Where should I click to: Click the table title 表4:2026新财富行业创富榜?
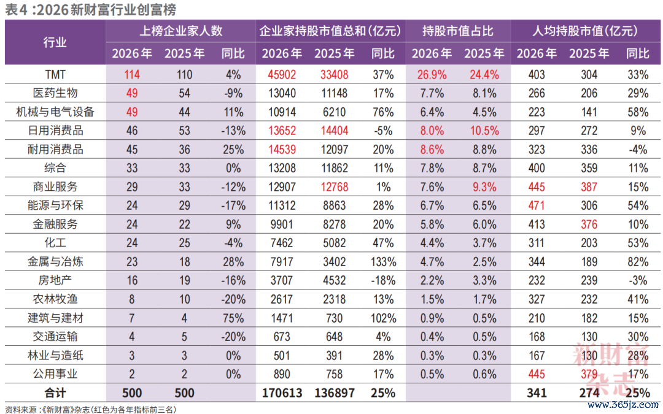click(90, 9)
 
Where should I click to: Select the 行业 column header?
click(55, 42)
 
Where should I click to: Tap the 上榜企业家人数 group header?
click(181, 31)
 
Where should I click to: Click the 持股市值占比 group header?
click(458, 31)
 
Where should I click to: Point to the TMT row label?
click(55, 75)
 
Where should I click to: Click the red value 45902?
click(282, 75)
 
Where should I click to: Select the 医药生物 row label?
click(55, 93)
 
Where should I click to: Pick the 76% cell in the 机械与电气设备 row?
click(383, 112)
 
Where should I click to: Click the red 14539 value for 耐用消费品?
click(282, 150)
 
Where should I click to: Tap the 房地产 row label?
click(55, 280)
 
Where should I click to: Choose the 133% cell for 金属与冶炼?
click(383, 262)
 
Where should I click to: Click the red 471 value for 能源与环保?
click(537, 205)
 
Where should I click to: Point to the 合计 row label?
click(55, 393)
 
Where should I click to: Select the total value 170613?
click(282, 393)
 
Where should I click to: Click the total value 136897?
click(334, 393)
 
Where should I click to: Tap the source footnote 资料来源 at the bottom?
click(90, 409)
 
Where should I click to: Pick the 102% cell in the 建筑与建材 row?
click(383, 318)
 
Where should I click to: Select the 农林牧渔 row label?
click(55, 299)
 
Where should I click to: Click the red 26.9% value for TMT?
click(432, 75)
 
